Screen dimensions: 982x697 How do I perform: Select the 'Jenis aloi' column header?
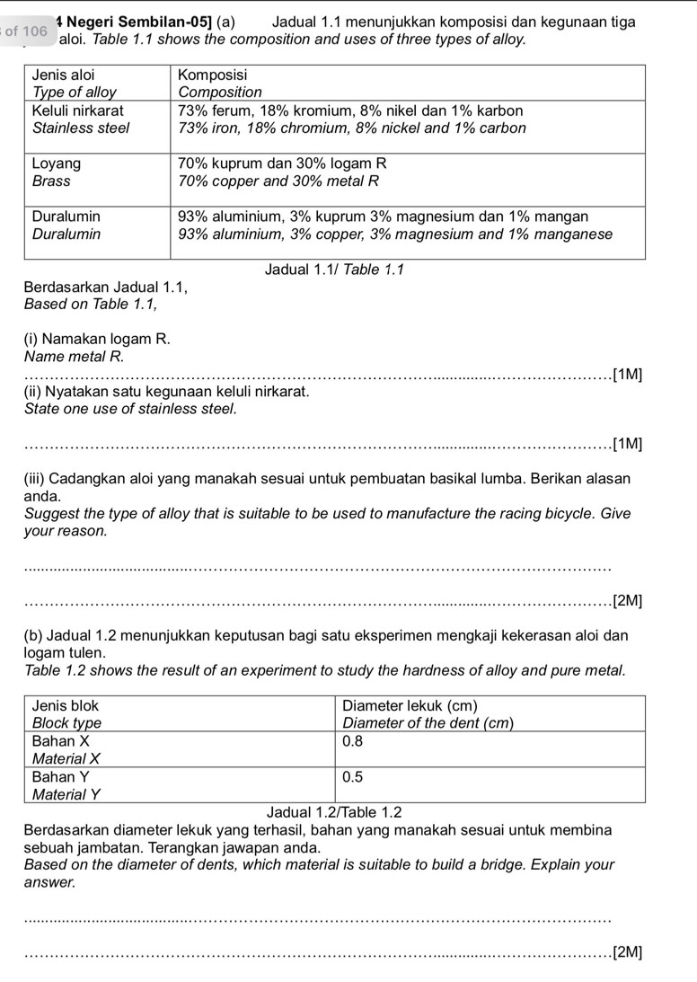coord(64,75)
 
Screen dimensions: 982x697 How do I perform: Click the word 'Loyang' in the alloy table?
coord(57,164)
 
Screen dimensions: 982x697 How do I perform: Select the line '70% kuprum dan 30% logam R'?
coord(282,164)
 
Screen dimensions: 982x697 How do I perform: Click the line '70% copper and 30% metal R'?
coord(279,181)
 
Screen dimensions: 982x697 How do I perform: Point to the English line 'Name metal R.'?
coord(75,356)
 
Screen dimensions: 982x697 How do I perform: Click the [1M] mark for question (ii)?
coord(626,443)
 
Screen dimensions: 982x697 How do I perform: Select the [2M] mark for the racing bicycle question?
coord(626,601)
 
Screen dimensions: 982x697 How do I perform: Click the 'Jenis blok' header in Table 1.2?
coord(66,705)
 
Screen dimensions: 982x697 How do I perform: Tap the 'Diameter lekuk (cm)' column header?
coord(410,705)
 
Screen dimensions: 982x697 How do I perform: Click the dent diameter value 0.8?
coord(353,741)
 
